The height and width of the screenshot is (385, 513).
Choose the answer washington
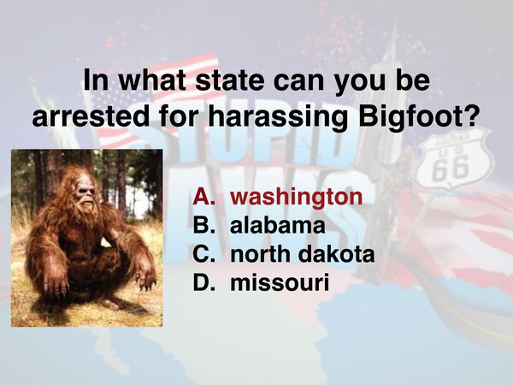296,197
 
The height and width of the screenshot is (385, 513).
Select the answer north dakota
303,254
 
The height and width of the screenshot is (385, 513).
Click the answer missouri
280,282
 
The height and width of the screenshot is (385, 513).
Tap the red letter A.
203,197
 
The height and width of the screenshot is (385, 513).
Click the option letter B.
203,226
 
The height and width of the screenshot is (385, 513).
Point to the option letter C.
203,254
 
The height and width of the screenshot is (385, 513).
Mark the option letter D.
203,282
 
